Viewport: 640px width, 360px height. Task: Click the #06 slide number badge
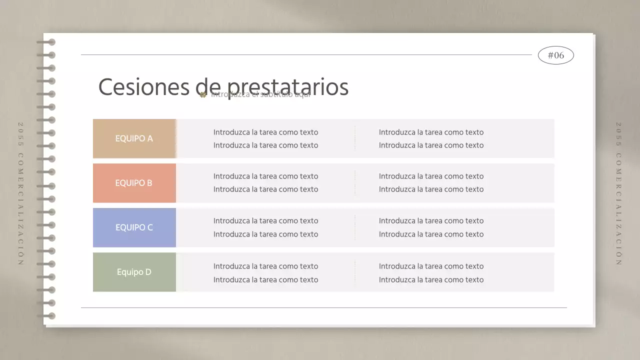pos(555,55)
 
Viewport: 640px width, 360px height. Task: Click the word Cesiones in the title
pos(144,87)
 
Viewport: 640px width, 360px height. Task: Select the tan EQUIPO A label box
pos(134,138)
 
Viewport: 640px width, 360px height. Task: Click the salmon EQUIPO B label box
pos(134,183)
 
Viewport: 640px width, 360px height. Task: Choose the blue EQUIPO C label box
pos(134,227)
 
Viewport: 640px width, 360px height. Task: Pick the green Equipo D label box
pos(134,272)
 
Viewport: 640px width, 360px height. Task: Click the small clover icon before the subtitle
pos(203,94)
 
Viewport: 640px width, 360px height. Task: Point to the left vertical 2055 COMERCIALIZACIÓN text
pos(21,193)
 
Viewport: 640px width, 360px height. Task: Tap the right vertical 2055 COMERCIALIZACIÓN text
pos(618,193)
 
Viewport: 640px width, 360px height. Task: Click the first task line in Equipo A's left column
pos(265,132)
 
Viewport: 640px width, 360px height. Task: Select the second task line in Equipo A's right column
pos(431,145)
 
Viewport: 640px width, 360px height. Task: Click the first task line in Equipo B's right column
pos(431,176)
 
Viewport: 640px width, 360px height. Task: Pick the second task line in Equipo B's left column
pos(265,189)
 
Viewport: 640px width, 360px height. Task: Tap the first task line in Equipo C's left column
pos(265,221)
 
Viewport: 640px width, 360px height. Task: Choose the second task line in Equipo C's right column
pos(431,234)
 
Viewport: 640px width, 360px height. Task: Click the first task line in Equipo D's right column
pos(431,266)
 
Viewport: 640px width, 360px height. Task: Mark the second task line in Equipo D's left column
pos(265,280)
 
